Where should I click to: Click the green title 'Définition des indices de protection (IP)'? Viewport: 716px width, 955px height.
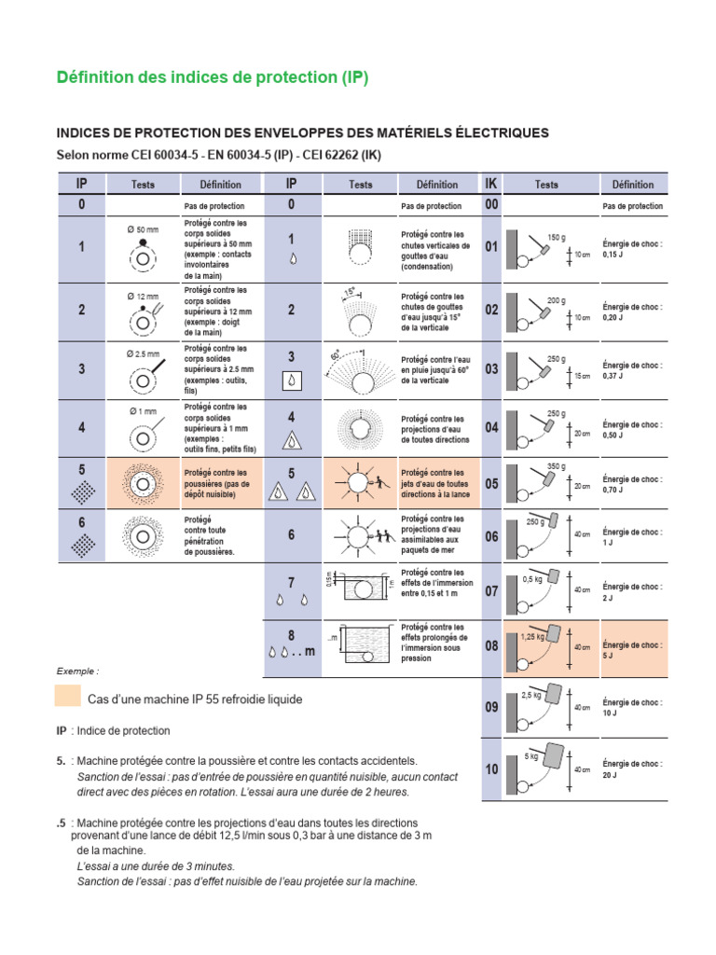(213, 78)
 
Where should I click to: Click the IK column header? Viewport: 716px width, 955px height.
(490, 184)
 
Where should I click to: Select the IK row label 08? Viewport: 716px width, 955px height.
(491, 645)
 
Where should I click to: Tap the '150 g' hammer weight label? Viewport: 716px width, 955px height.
(557, 237)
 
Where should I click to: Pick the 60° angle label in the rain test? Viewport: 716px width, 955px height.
(335, 355)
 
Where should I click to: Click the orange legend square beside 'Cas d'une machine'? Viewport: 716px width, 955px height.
(67, 697)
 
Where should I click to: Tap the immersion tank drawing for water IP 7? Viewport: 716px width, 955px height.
(359, 589)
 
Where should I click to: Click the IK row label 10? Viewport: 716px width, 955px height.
(491, 769)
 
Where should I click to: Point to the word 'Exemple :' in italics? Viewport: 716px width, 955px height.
(77, 671)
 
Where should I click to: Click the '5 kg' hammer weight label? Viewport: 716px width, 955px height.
(531, 756)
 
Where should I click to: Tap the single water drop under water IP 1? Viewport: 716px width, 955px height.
(292, 261)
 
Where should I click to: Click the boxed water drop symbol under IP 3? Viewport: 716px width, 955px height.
(292, 381)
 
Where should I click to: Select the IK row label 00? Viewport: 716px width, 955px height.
(491, 205)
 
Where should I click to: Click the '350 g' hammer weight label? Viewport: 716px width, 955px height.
(557, 465)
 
